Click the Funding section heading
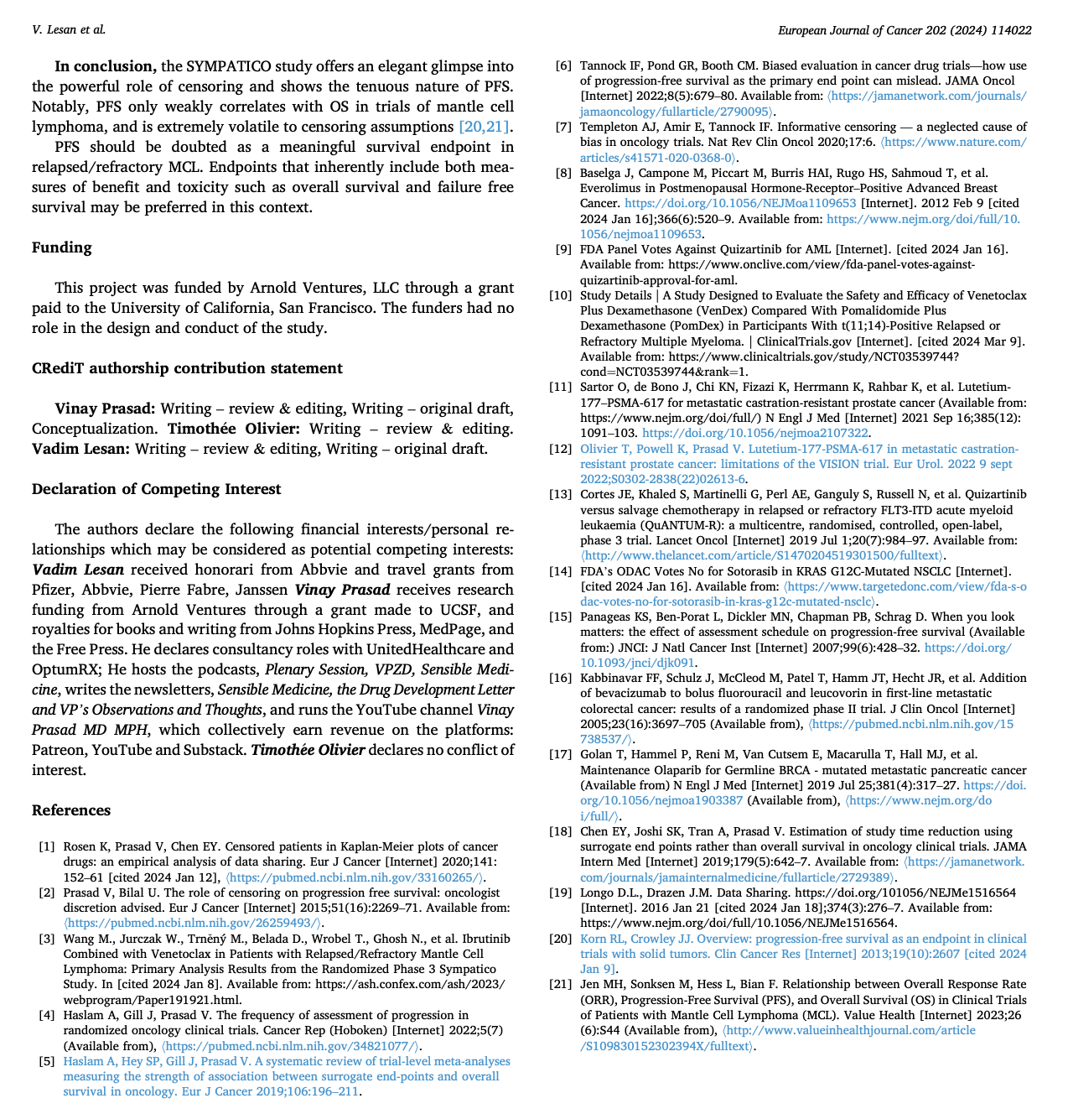[x=62, y=247]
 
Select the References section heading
[x=71, y=810]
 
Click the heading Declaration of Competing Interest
[x=157, y=489]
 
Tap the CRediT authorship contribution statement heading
[x=187, y=368]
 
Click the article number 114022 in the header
[x=1009, y=30]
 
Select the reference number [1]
[x=46, y=847]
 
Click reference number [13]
[x=560, y=495]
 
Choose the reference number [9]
[x=563, y=249]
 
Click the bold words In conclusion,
[x=106, y=66]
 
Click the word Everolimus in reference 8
[x=610, y=189]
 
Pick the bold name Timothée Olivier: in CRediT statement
[x=234, y=429]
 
